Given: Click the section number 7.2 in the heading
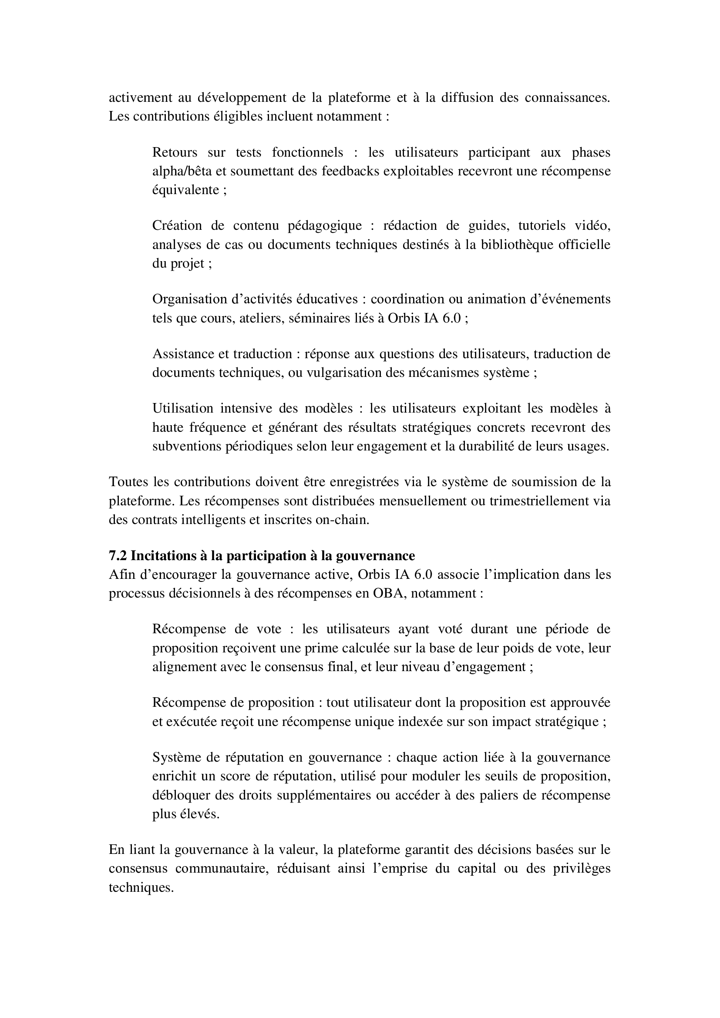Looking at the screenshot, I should [118, 555].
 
